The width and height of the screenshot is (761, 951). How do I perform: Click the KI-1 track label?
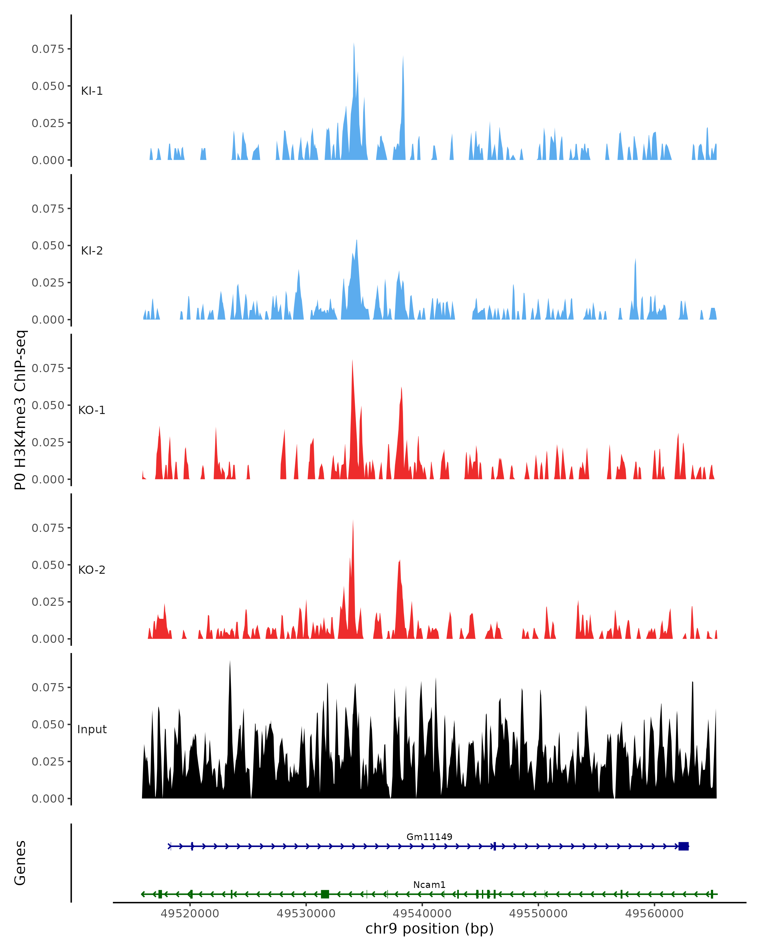tap(92, 91)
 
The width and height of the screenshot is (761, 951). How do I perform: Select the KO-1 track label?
tap(92, 410)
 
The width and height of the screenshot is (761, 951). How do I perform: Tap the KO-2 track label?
tap(92, 570)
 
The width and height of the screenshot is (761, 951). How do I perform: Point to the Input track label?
tap(92, 729)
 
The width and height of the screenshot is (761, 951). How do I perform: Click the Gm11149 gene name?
tap(429, 837)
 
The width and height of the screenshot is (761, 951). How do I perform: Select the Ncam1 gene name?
tap(429, 885)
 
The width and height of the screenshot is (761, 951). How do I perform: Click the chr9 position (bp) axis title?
tap(429, 929)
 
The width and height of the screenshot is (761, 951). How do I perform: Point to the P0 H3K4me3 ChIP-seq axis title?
tap(20, 410)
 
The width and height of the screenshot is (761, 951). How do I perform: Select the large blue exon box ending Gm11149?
tap(683, 846)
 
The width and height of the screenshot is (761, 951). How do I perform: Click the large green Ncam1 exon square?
tap(325, 895)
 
